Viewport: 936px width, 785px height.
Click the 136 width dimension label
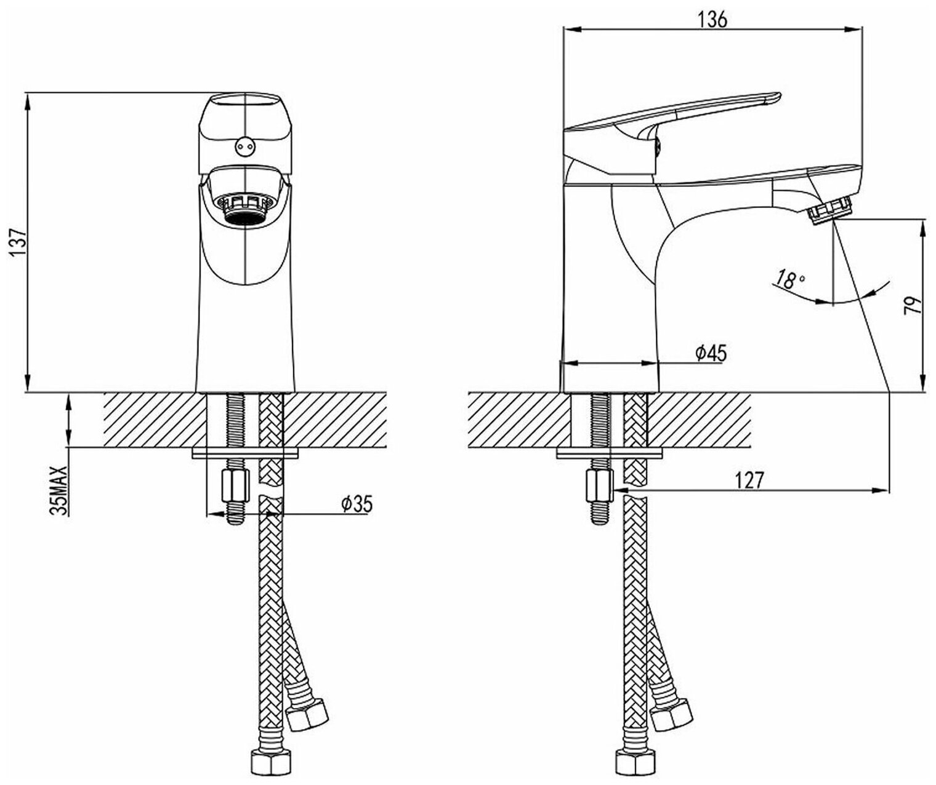pos(713,20)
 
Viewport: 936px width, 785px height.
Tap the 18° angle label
pos(791,281)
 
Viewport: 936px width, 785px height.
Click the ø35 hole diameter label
pos(357,504)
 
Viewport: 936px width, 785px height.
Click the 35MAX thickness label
pos(60,490)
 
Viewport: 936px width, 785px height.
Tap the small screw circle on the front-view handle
pos(244,146)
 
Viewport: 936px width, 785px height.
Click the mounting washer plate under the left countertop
pos(245,453)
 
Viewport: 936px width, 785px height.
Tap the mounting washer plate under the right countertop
pos(610,453)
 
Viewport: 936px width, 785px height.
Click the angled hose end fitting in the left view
pos(307,713)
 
